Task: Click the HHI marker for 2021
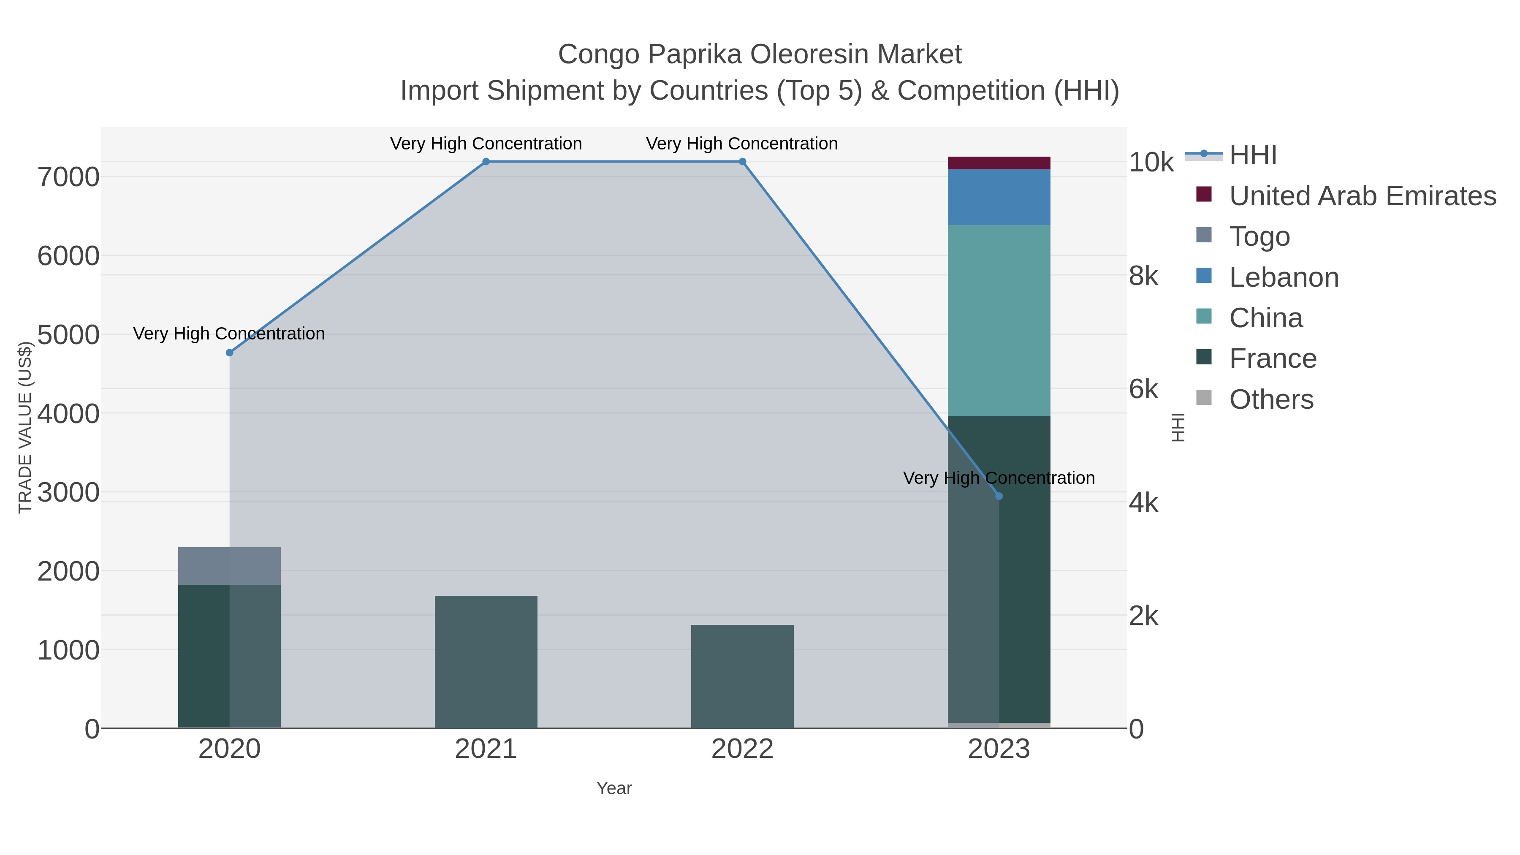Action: point(486,162)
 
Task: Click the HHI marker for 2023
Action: point(999,496)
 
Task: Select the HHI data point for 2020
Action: point(230,353)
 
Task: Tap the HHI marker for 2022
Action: point(742,162)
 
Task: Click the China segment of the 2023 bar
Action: point(999,320)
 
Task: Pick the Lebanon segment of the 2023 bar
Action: point(999,197)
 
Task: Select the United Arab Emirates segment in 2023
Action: point(999,163)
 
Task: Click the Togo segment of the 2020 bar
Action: point(230,565)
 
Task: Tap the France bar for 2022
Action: point(742,676)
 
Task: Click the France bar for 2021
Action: point(486,662)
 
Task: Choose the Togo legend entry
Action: point(1259,236)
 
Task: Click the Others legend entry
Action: point(1271,399)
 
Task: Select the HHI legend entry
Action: point(1252,155)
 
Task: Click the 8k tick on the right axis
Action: point(1143,276)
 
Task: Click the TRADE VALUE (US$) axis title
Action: point(25,427)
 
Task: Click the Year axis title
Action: point(613,788)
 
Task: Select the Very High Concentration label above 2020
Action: point(229,334)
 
